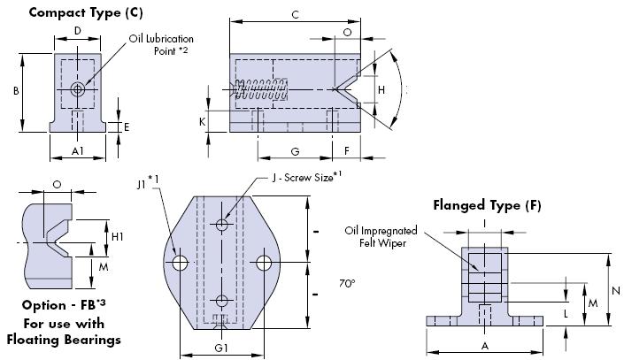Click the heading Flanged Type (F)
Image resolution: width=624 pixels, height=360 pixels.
pos(487,206)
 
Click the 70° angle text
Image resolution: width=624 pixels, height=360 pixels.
pos(347,284)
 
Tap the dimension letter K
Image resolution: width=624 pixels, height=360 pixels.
pos(203,120)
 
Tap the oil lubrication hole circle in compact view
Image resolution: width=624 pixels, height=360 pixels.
pos(79,89)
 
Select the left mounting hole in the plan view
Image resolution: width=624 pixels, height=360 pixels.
pos(181,263)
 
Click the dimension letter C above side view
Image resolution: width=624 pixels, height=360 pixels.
pos(295,15)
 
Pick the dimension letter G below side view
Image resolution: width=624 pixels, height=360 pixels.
pos(294,151)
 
